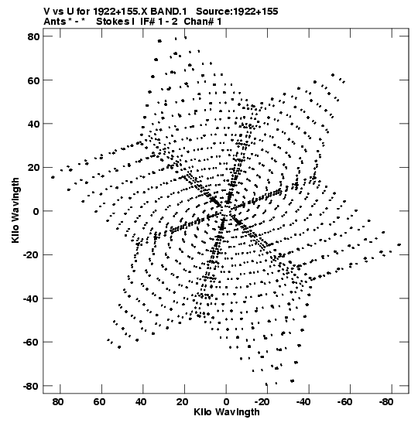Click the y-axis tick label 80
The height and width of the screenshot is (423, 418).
[33, 36]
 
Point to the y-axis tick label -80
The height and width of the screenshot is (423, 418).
[31, 386]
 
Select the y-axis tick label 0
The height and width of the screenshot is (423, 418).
[36, 211]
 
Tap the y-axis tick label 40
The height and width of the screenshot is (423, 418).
[33, 124]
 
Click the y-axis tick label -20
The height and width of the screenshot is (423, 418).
[31, 255]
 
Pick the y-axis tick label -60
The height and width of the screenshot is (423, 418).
[31, 343]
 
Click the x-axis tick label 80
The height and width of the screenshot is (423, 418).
[58, 402]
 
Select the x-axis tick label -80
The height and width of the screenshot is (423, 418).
[385, 402]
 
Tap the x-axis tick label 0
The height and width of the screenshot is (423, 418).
[226, 402]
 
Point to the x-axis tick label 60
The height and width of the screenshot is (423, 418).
[99, 402]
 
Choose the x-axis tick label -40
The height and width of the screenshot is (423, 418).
[303, 402]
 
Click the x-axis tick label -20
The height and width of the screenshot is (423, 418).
[262, 402]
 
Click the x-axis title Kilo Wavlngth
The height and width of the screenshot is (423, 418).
[227, 412]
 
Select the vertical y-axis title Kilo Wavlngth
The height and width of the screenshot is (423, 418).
[15, 210]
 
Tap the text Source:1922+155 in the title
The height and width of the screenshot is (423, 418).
[237, 12]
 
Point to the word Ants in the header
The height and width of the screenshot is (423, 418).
[54, 22]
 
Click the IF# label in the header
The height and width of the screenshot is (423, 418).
[147, 22]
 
